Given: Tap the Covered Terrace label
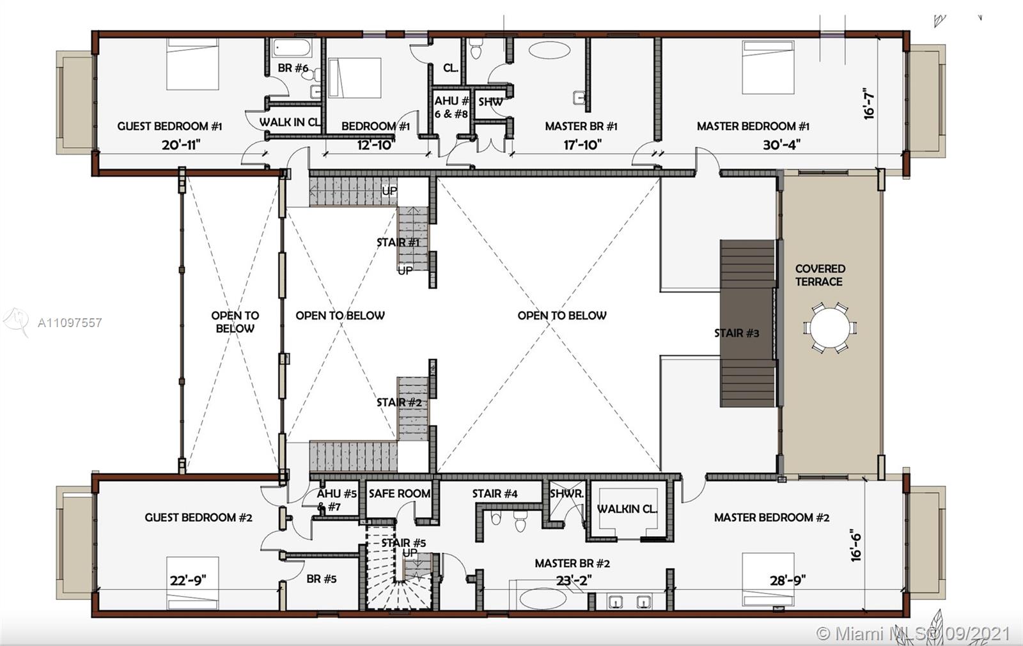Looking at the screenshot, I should point(820,275).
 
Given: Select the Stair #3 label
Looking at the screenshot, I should point(737,333).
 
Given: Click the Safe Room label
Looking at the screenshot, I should point(400,493).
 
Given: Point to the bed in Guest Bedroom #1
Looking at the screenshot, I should point(192,64).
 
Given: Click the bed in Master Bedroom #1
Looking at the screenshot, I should point(768,67).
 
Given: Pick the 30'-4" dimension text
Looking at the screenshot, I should point(781,145).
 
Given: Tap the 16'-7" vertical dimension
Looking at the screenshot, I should point(868,104).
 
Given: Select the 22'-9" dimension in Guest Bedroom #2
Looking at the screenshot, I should point(188,580).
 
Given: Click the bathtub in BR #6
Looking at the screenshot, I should point(291,49).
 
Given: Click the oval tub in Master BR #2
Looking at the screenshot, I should point(541,599).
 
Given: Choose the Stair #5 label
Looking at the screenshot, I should point(403,543).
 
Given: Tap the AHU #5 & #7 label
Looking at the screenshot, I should point(336,500).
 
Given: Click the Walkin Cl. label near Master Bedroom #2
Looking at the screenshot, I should point(627,509).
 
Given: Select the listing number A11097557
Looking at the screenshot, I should point(70,323).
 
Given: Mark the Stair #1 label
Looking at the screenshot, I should point(398,242).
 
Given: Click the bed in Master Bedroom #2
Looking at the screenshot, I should point(768,579).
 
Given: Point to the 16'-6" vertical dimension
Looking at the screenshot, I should point(856,545).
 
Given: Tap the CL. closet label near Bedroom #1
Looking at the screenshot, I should point(451,68).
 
